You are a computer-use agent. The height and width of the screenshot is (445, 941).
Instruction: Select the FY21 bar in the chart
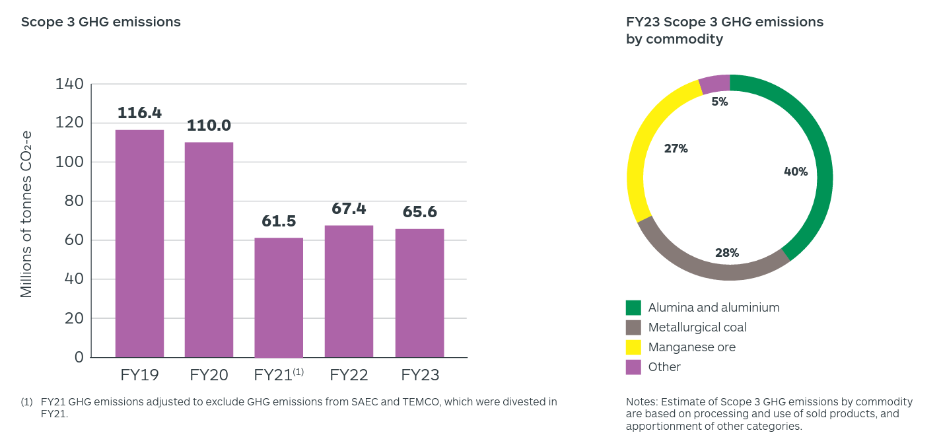coord(279,297)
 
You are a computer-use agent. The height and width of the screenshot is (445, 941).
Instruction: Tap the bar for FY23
coord(419,293)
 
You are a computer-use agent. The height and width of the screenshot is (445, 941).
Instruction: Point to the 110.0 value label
coord(209,125)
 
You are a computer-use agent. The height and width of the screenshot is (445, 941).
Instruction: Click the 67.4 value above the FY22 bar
coord(349,209)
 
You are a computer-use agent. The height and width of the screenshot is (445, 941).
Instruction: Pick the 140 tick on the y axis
coord(70,84)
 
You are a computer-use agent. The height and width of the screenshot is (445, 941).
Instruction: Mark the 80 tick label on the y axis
coord(74,201)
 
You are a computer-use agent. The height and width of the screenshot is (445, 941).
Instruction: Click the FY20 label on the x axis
coord(209,375)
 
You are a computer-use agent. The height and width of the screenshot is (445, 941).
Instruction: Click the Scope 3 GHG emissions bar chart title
coord(100,22)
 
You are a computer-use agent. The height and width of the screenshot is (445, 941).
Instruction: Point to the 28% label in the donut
coord(727,253)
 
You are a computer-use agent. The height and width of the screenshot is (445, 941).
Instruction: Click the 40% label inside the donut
coord(795,172)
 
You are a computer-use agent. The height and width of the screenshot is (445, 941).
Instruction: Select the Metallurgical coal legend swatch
coord(633,327)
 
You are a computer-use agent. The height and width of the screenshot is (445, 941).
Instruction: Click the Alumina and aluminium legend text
coord(714,308)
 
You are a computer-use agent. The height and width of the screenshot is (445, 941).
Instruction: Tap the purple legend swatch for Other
coord(633,367)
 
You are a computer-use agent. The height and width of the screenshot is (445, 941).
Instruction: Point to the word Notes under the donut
coord(640,401)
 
